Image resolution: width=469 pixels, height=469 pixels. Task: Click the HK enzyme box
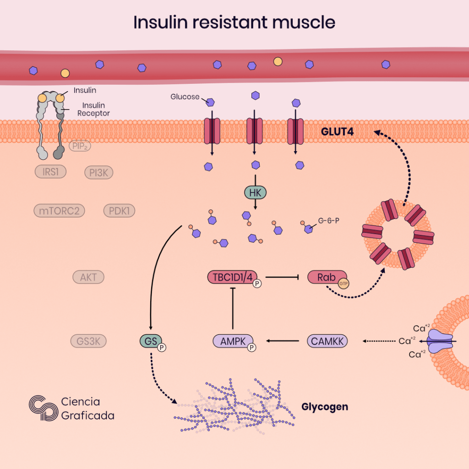tap(255, 193)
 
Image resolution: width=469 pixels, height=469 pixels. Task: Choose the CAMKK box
tap(327, 341)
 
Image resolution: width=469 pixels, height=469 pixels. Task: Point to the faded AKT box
tap(88, 277)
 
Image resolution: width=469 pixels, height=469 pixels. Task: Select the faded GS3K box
tap(88, 341)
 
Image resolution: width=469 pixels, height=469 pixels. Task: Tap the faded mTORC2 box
tap(60, 211)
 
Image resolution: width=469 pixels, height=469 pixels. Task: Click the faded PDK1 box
tap(119, 211)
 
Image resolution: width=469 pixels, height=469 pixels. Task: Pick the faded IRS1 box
tap(50, 172)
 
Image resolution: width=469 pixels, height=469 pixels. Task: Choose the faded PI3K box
tap(98, 173)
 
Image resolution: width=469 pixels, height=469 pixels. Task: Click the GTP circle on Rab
tap(344, 284)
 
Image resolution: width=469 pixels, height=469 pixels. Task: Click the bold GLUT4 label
tap(339, 133)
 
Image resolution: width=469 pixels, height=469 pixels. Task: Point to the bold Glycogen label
tap(325, 407)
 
